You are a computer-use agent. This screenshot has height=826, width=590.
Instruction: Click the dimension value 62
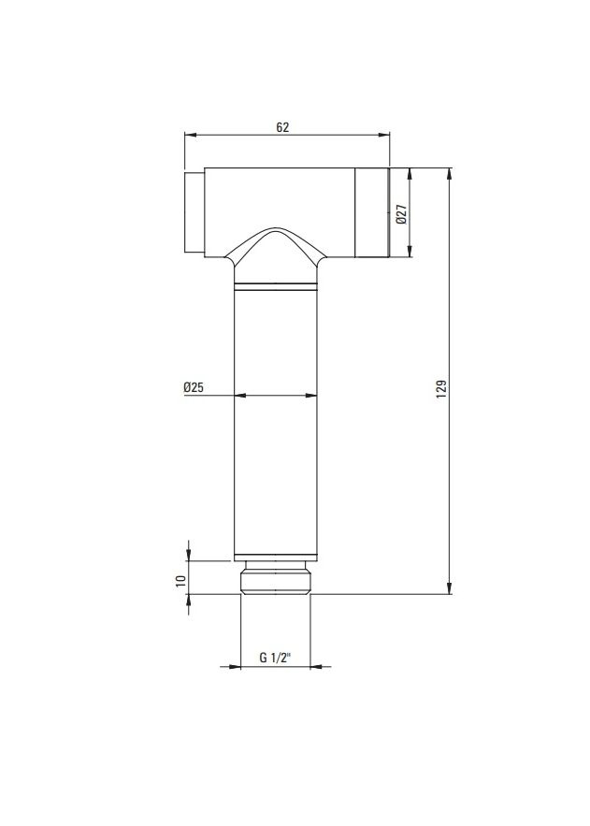click(x=282, y=127)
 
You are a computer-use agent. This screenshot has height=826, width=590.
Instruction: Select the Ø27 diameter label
click(x=401, y=214)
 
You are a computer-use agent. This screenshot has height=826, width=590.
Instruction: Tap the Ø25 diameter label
click(x=194, y=387)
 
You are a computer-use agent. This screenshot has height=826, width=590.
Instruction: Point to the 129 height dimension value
click(x=441, y=389)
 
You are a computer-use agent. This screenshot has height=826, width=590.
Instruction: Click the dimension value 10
click(x=181, y=581)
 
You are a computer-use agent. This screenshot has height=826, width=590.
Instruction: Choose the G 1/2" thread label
click(x=275, y=658)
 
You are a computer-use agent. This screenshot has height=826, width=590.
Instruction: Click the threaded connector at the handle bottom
click(x=275, y=577)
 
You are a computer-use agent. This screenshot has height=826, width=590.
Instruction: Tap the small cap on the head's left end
click(x=194, y=213)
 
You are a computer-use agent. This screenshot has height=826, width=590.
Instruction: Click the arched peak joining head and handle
click(x=276, y=230)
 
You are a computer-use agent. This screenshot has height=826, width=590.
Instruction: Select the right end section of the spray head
click(x=372, y=213)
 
